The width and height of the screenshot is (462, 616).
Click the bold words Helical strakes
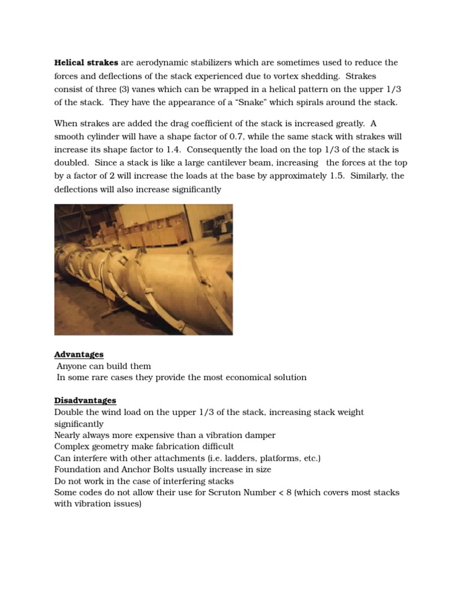(x=86, y=63)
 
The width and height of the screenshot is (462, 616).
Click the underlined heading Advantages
(x=79, y=354)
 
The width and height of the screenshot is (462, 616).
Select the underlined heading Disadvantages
(x=85, y=401)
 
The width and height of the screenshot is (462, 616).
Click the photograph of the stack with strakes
(x=143, y=269)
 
